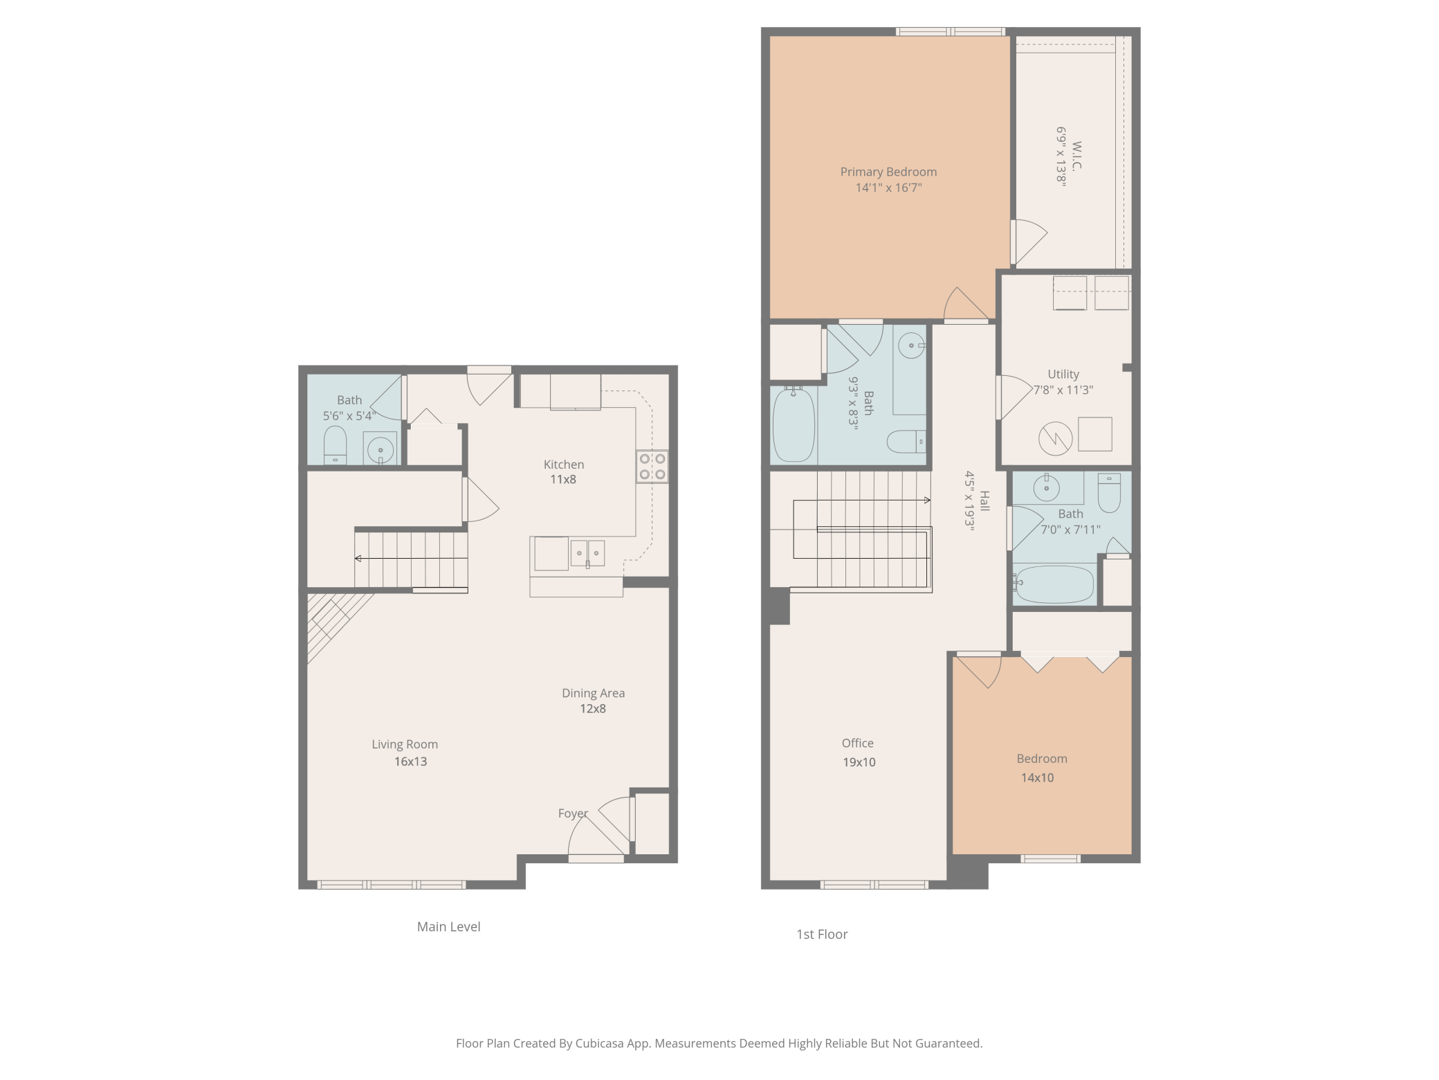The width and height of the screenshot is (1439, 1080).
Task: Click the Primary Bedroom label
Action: tap(888, 172)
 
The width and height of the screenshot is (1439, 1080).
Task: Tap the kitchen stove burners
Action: tap(652, 466)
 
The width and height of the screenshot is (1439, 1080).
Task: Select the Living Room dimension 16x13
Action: tap(410, 762)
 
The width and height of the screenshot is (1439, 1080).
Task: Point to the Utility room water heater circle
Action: tap(1055, 438)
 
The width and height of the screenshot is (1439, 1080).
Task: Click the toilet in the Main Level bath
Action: tap(335, 445)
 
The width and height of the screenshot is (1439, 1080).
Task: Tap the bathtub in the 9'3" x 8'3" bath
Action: tap(794, 424)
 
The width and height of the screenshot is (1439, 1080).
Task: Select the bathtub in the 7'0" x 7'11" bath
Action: tap(1054, 584)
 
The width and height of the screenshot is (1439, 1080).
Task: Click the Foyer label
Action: tap(573, 813)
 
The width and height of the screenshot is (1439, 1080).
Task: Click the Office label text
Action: tap(858, 743)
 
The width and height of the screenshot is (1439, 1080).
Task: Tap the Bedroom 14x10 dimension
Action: tap(1038, 777)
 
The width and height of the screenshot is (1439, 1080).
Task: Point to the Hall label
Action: tap(984, 501)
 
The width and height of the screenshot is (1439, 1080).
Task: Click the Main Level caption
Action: tap(448, 926)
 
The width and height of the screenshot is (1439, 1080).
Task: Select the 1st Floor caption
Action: tap(822, 934)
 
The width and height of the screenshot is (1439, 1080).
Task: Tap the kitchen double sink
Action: tap(587, 553)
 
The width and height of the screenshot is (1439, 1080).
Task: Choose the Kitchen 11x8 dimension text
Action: tap(563, 479)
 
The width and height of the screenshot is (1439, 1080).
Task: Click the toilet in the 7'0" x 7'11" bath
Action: tap(1109, 492)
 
